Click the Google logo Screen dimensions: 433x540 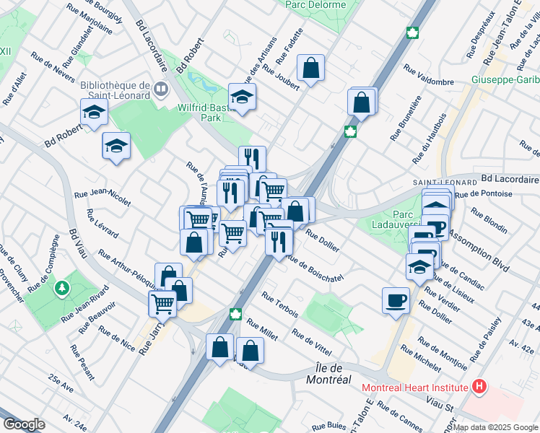pos(25,424)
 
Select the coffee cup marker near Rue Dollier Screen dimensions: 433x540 pos(396,299)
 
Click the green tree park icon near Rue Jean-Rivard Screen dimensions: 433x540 pos(63,288)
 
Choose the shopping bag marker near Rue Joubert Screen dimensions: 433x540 pos(310,69)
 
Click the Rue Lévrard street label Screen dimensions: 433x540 pos(102,224)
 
